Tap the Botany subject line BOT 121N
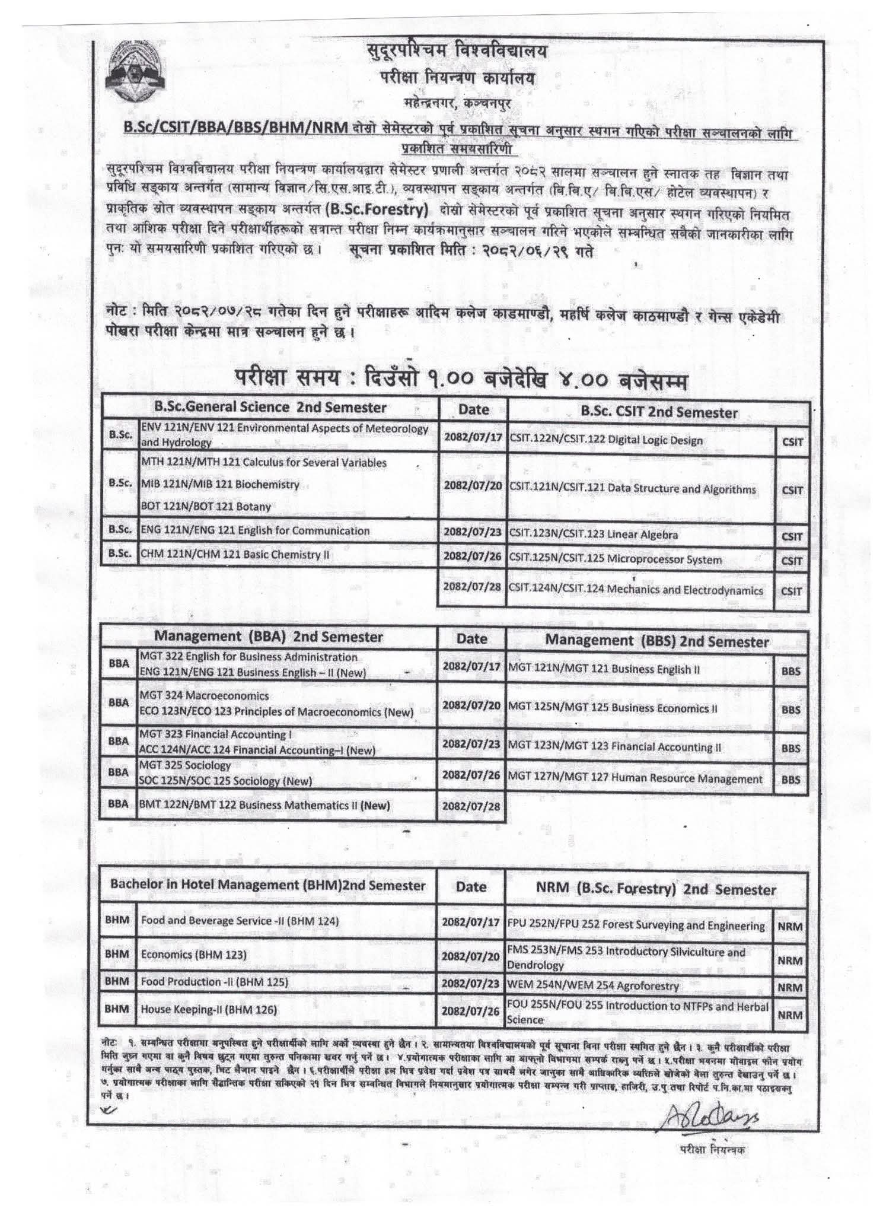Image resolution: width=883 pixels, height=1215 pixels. pos(206,507)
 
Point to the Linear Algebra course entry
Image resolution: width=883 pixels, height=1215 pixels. pos(593,535)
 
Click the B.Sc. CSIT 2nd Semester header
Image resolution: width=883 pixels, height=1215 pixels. pos(658,413)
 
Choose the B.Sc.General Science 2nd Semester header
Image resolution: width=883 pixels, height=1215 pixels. pos(270,408)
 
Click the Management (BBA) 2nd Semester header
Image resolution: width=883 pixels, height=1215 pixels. pos(269,637)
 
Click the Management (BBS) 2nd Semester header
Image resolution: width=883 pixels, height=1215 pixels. pos(656,641)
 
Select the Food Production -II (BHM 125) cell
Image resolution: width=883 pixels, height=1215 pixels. pos(214,982)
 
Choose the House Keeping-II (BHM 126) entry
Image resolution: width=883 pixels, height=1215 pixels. pos(209,1009)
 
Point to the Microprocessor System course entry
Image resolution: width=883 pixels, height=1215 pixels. pos(615,560)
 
